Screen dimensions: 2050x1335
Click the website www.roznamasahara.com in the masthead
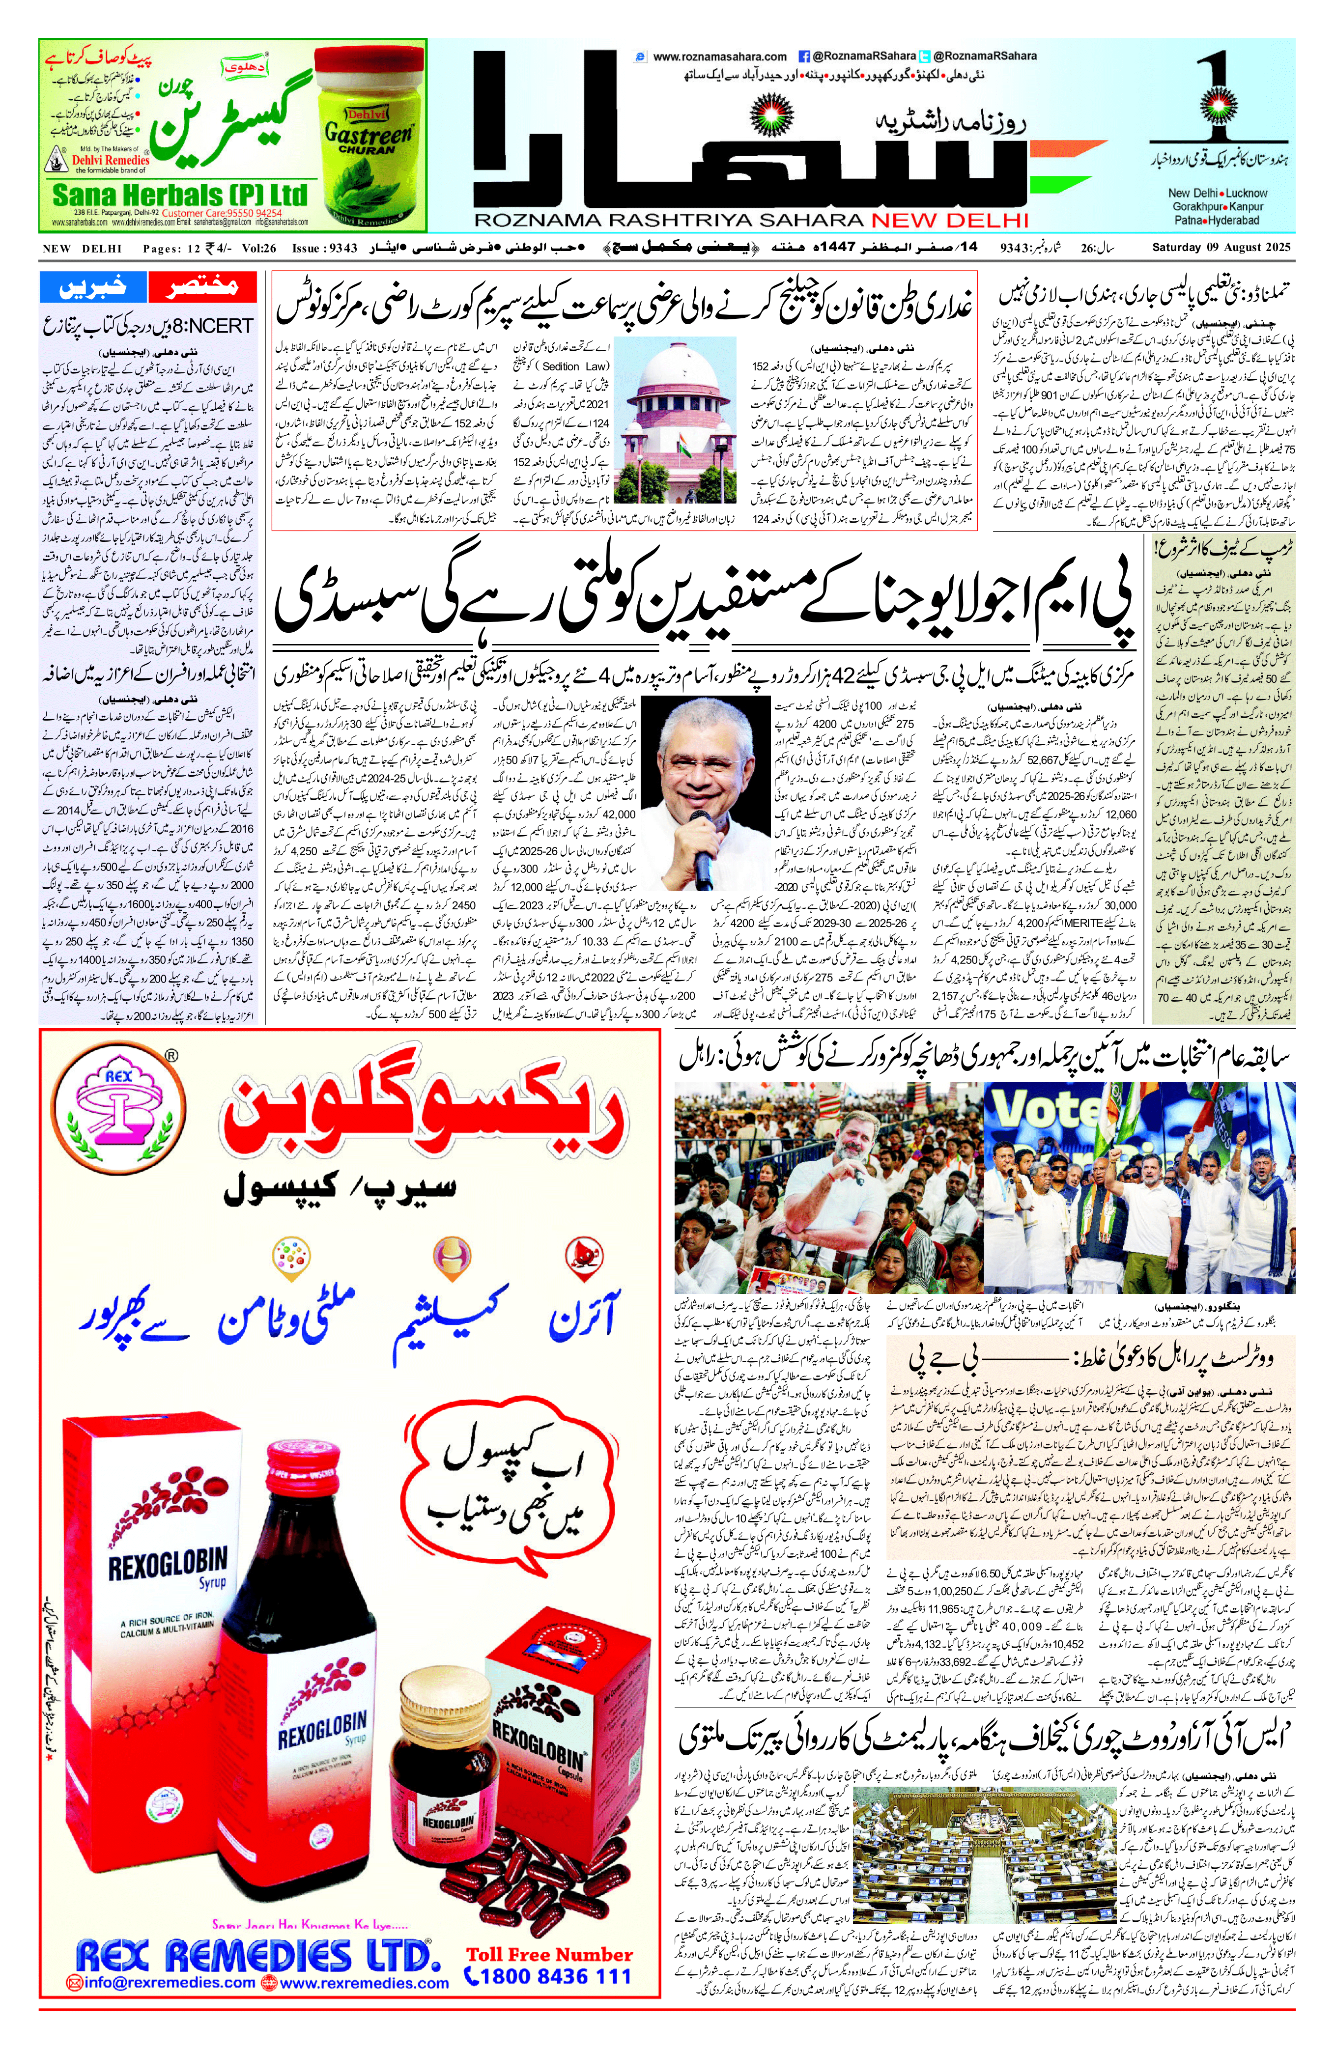click(x=719, y=57)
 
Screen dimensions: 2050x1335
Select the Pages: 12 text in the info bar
click(x=173, y=248)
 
